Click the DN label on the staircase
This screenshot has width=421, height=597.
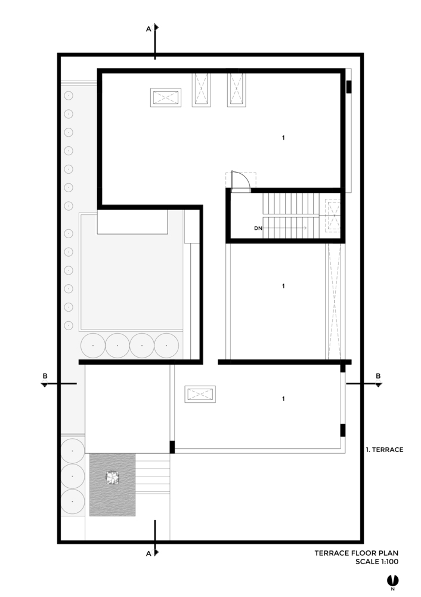(x=258, y=229)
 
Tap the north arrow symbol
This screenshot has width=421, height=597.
(x=392, y=581)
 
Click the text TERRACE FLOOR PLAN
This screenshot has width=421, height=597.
(x=357, y=553)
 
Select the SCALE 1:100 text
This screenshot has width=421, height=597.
(x=377, y=562)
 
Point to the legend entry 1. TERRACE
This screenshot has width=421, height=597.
(x=385, y=450)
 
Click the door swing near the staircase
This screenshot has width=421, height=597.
(x=242, y=181)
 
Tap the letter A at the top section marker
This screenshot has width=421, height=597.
(x=148, y=29)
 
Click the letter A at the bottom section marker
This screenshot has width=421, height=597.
(x=148, y=553)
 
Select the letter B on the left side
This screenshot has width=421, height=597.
(x=45, y=376)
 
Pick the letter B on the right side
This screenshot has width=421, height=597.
(x=378, y=376)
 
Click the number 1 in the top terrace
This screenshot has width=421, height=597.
(x=283, y=137)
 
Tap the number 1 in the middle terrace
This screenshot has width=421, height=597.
(x=283, y=286)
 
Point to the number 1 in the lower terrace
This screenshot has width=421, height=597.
(x=283, y=399)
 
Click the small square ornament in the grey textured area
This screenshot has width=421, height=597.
(x=112, y=478)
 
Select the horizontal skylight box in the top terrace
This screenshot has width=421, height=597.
(x=165, y=98)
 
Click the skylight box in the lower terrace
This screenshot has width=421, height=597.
(x=200, y=394)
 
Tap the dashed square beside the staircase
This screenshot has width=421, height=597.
(x=332, y=216)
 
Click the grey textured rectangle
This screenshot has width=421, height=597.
(x=112, y=485)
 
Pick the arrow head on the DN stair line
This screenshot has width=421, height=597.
(x=305, y=228)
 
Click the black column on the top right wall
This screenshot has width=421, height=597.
(x=349, y=87)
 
